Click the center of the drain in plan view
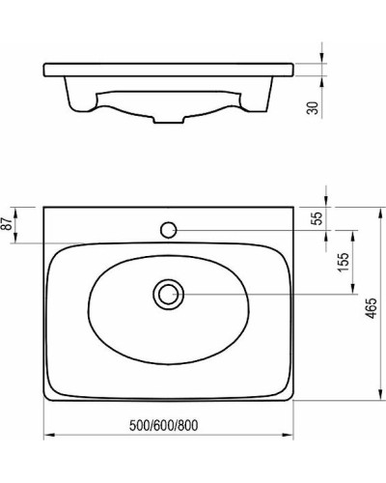click(169, 294)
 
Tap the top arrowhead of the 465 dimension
click(376, 208)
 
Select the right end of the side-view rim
click(293, 69)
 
